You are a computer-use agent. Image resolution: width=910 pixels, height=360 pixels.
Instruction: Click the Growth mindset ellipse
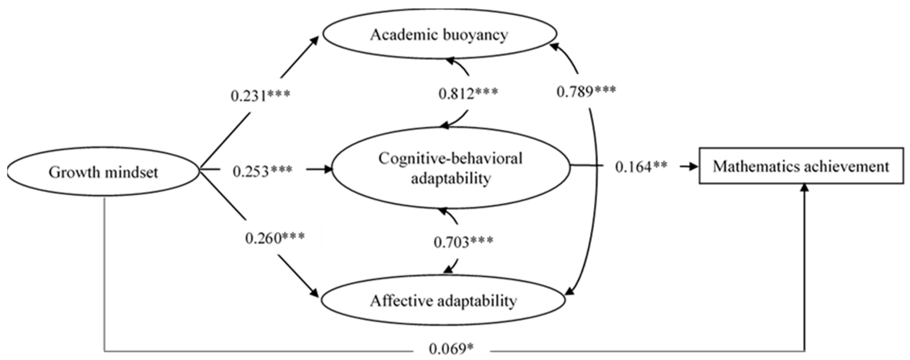(103, 172)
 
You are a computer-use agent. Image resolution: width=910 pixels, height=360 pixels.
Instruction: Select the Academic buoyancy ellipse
(439, 34)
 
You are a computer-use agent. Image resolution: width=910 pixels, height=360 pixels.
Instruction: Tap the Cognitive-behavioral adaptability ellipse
(450, 168)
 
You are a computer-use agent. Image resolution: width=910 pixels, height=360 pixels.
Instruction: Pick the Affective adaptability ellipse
(443, 301)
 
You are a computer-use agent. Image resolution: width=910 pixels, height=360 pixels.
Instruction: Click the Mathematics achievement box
(801, 166)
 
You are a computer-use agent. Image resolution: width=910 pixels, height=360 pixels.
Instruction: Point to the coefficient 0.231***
(260, 95)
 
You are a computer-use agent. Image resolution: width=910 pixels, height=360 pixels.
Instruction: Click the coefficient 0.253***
(263, 171)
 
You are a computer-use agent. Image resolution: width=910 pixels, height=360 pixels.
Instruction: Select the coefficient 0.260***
(275, 238)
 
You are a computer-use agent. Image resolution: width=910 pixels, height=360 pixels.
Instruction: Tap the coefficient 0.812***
(468, 93)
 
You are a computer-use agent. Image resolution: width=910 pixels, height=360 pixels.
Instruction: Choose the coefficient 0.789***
(586, 91)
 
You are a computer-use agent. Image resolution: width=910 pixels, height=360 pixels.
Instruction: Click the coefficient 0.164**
(641, 167)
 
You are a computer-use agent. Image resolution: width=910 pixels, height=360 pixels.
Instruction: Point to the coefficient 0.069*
(451, 349)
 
